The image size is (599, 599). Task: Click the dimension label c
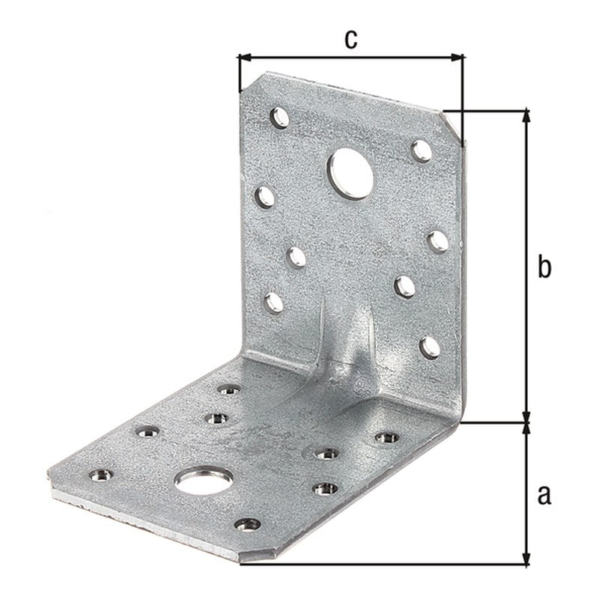click(x=350, y=40)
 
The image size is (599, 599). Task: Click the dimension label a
click(x=544, y=495)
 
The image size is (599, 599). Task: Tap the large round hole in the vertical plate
click(x=350, y=174)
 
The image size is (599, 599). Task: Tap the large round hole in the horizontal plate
click(x=204, y=480)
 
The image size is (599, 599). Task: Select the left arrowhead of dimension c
click(x=245, y=58)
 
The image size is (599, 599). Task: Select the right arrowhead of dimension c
click(x=457, y=58)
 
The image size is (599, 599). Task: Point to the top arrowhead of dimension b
click(x=526, y=115)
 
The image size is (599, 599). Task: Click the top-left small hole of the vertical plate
click(x=279, y=118)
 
